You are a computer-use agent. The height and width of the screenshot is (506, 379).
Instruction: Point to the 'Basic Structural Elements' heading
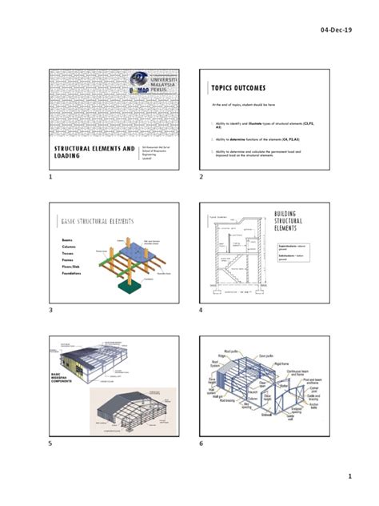(x=97, y=221)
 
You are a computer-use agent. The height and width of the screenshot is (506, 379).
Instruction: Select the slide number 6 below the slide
(x=201, y=443)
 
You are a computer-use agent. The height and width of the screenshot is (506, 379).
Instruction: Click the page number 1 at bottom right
(x=349, y=477)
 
